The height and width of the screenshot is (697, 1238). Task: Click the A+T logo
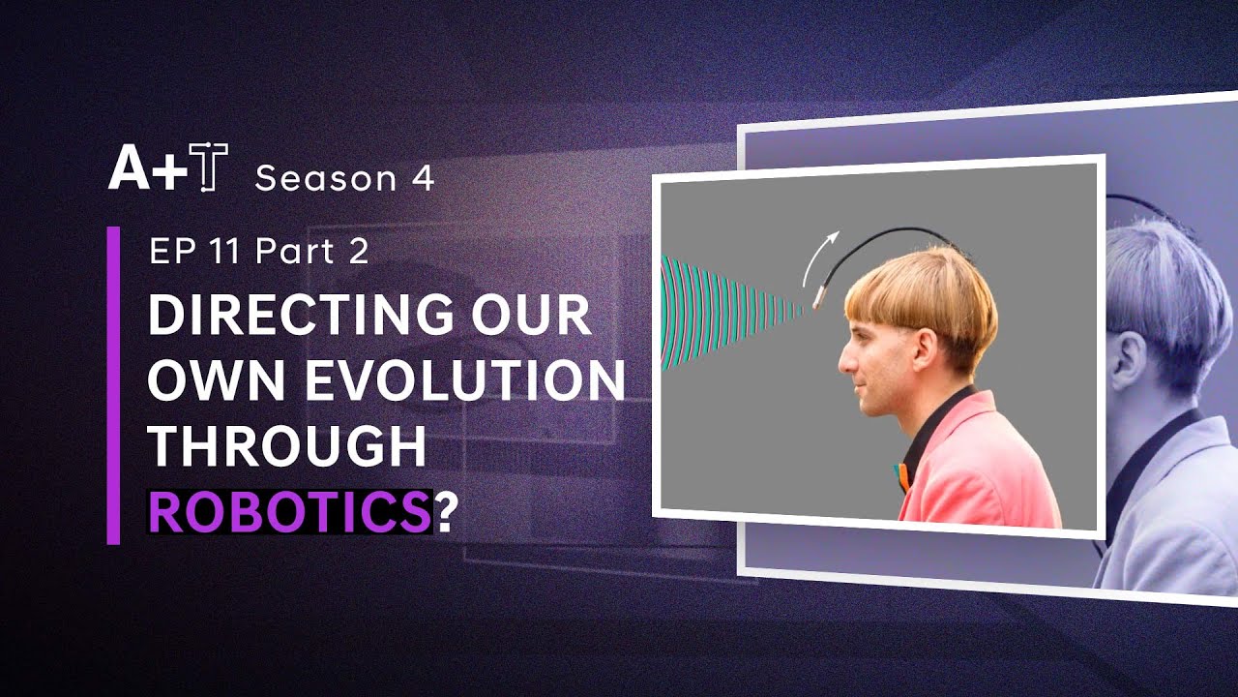click(168, 167)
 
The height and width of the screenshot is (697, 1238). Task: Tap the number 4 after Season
click(423, 178)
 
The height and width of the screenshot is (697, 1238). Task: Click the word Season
click(325, 178)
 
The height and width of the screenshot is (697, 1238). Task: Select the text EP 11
click(194, 251)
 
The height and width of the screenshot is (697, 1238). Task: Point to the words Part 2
click(312, 251)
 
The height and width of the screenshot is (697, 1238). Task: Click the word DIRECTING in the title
click(301, 315)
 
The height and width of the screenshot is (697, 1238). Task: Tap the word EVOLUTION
click(465, 379)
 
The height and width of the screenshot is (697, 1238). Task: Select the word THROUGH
click(287, 446)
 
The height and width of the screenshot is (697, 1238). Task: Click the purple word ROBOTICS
click(289, 512)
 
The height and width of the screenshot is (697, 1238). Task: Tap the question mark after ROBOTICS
click(447, 512)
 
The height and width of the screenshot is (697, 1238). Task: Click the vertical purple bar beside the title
click(113, 385)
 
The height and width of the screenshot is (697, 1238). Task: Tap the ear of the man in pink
click(924, 349)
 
